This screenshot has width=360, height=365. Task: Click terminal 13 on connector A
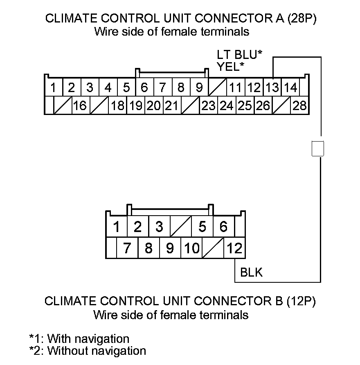click(x=272, y=87)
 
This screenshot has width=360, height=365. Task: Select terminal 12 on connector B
click(x=235, y=248)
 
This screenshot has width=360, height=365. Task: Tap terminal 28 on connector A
click(x=299, y=106)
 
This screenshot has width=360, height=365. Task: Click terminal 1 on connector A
click(x=53, y=87)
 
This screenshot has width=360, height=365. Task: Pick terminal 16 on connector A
click(x=80, y=106)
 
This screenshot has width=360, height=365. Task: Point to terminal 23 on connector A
click(x=208, y=106)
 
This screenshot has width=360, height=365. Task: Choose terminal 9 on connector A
click(x=199, y=87)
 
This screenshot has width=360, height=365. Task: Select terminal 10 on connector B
click(x=192, y=248)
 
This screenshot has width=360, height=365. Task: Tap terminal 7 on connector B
click(x=127, y=248)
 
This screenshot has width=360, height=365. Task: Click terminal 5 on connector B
click(x=202, y=226)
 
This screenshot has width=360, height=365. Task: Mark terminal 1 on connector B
click(x=117, y=226)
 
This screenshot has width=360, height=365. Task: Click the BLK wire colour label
click(x=252, y=272)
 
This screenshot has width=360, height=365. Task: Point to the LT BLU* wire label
click(x=239, y=55)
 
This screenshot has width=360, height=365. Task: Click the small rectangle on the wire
click(x=318, y=148)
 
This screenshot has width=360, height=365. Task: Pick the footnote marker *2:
click(x=37, y=351)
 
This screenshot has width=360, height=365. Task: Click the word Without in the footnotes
click(x=69, y=351)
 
